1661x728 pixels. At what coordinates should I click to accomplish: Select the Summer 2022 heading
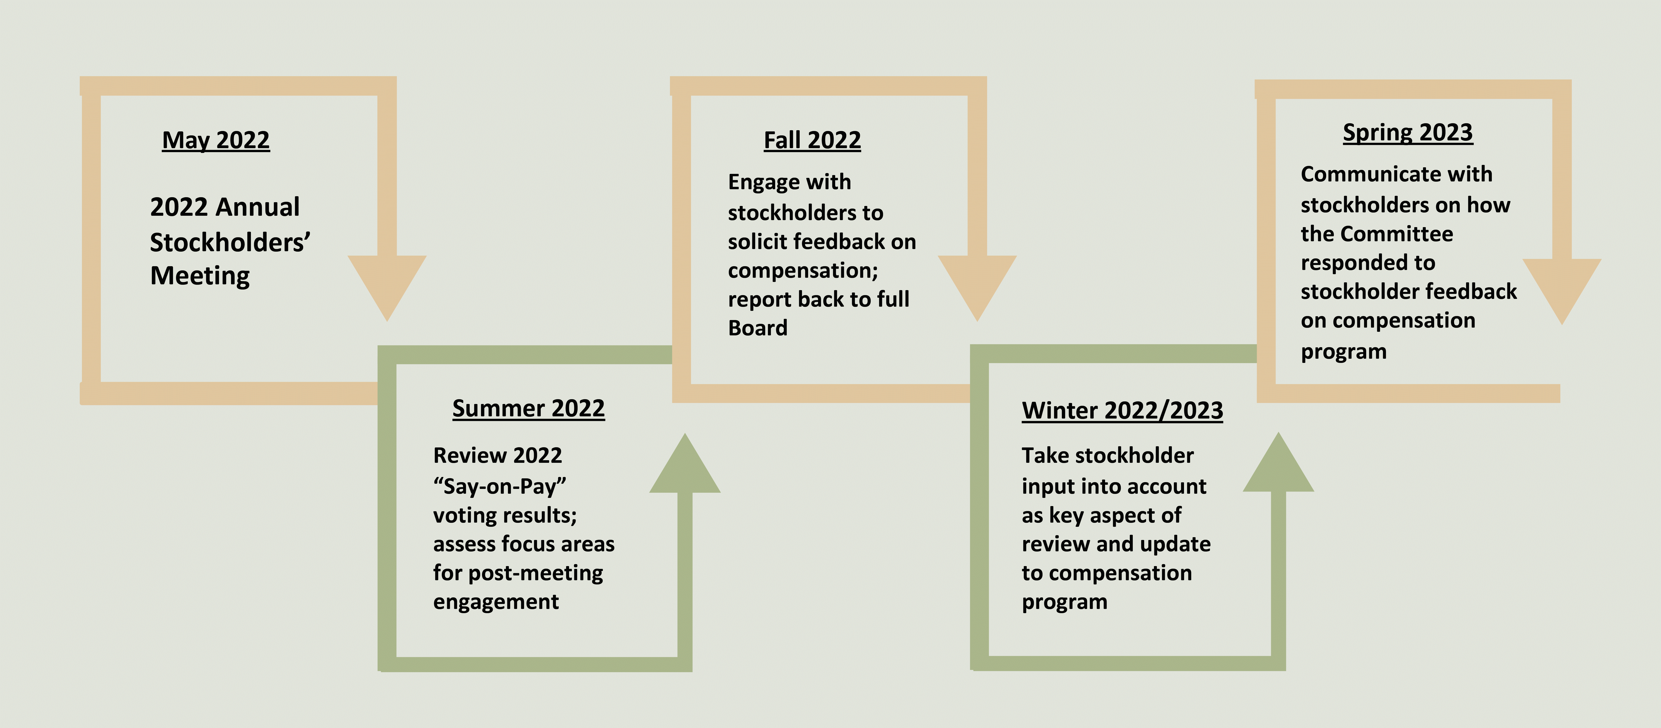[x=528, y=408]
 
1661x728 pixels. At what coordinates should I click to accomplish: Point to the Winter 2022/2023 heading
[x=1122, y=410]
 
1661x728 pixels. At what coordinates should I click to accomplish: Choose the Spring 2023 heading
[x=1408, y=132]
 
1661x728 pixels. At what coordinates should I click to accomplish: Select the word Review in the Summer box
[x=461, y=455]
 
